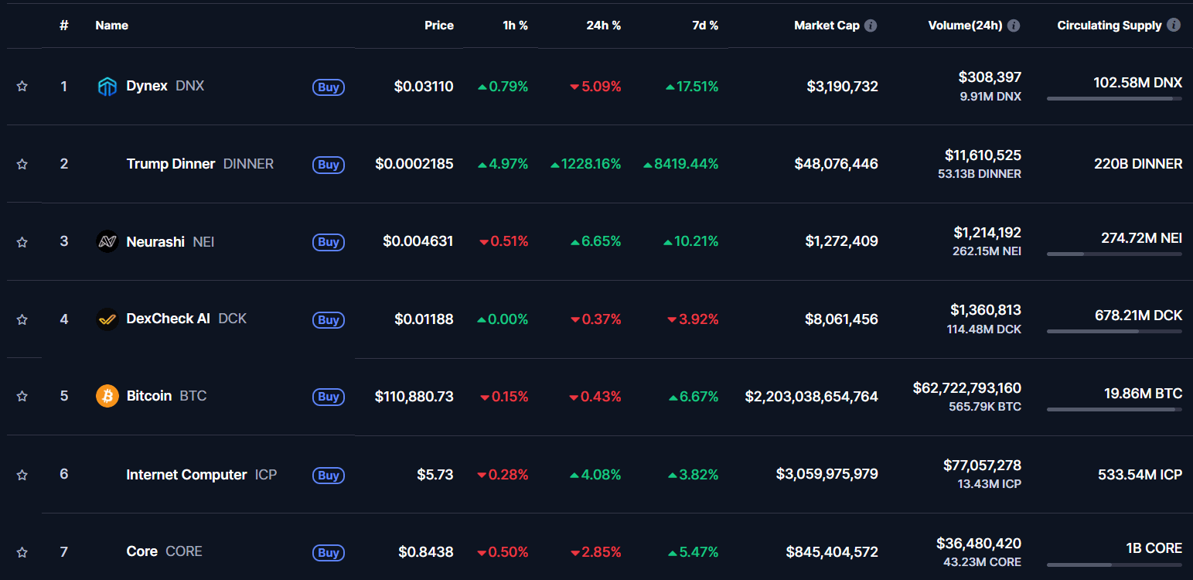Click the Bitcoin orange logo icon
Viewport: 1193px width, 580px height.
pyautogui.click(x=107, y=396)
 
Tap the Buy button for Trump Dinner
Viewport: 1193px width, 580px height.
pyautogui.click(x=329, y=164)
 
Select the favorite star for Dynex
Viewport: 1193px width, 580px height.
pyautogui.click(x=22, y=87)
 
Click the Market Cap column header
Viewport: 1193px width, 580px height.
pyautogui.click(x=827, y=26)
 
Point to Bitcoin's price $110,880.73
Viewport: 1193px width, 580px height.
pyautogui.click(x=414, y=397)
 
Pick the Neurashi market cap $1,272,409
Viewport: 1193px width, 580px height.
pyautogui.click(x=841, y=241)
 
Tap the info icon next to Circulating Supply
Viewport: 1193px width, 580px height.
pyautogui.click(x=1173, y=26)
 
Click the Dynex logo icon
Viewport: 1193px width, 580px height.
pyautogui.click(x=107, y=87)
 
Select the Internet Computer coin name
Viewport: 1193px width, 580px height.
pyautogui.click(x=186, y=474)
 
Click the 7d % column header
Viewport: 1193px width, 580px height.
pyautogui.click(x=704, y=26)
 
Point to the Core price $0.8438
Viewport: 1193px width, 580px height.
pyautogui.click(x=425, y=552)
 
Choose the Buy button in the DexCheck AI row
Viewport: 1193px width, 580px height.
pyautogui.click(x=329, y=319)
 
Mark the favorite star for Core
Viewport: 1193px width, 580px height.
pyautogui.click(x=22, y=552)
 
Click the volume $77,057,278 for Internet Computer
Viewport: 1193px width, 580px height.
pyautogui.click(x=982, y=466)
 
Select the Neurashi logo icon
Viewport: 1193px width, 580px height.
pyautogui.click(x=107, y=241)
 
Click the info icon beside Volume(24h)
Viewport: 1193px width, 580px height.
pyautogui.click(x=1014, y=26)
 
